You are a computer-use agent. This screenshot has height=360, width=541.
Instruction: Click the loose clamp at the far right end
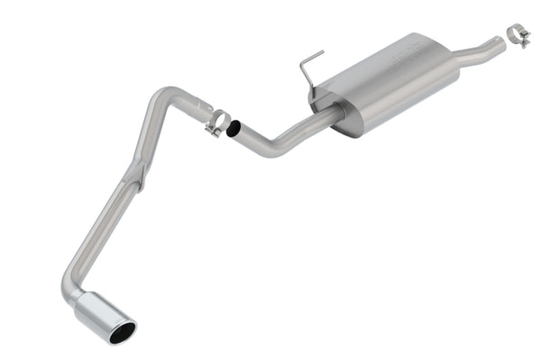pyautogui.click(x=518, y=35)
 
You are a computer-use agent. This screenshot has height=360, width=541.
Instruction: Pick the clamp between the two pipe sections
pyautogui.click(x=216, y=122)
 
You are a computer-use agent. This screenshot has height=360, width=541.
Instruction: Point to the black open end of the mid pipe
pyautogui.click(x=233, y=130)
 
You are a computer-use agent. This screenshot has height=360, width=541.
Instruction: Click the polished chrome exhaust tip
pyautogui.click(x=104, y=316)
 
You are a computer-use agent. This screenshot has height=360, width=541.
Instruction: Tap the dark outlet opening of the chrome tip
pyautogui.click(x=121, y=333)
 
